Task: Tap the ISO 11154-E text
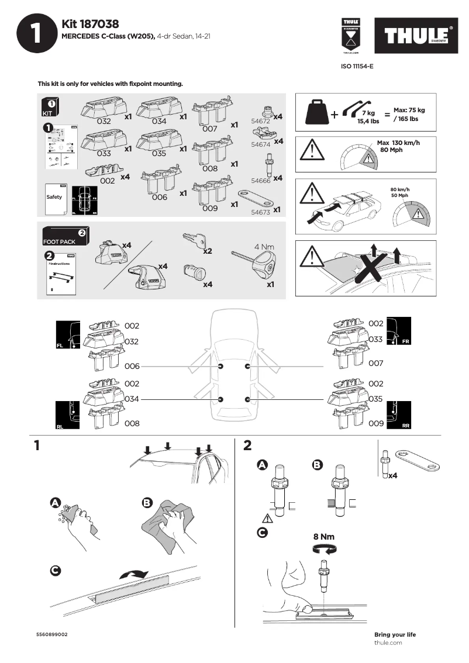tap(357, 67)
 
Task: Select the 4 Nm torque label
tap(264, 247)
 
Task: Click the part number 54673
tap(260, 212)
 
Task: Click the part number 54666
tap(260, 182)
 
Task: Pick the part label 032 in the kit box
tap(104, 122)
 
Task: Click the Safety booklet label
tap(54, 197)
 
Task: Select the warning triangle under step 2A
tap(268, 519)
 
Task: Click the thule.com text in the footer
tap(388, 643)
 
